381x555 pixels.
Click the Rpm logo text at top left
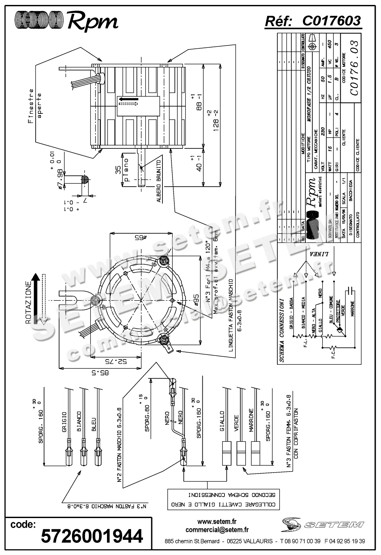coord(92,21)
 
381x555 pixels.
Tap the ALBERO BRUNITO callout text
coord(158,181)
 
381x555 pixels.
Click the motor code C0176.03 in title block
coord(354,67)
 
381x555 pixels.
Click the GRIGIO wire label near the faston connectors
coord(64,422)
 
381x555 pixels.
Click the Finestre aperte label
coord(35,106)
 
